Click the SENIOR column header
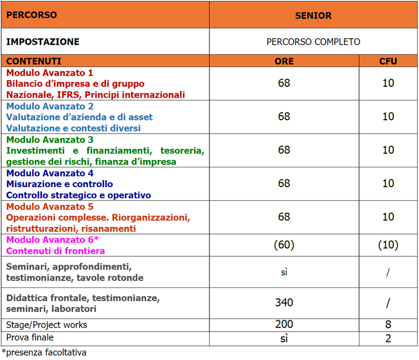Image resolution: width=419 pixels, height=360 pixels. (313, 15)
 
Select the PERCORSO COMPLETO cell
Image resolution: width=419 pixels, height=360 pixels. (313, 41)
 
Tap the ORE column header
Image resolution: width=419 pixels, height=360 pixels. (284, 61)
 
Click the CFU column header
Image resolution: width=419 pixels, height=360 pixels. (388, 61)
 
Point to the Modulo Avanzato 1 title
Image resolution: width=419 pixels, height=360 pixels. (50, 73)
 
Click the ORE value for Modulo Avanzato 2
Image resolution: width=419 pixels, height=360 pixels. (284, 117)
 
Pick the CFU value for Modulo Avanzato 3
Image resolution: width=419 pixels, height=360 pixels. (388, 150)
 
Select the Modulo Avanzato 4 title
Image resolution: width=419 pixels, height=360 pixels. (50, 173)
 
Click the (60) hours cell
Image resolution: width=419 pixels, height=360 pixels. (284, 245)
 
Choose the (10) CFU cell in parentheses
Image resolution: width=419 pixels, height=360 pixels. (388, 245)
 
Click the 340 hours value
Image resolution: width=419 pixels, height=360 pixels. (284, 303)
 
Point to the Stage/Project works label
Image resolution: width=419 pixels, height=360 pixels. (46, 325)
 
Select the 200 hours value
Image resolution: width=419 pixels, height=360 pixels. (284, 325)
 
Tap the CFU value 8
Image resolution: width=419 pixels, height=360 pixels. (388, 325)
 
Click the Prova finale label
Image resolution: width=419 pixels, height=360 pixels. (30, 338)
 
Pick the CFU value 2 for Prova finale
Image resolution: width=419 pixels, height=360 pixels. (388, 338)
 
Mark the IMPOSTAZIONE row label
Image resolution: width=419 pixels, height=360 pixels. (43, 41)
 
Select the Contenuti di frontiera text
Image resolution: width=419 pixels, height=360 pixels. (55, 251)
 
